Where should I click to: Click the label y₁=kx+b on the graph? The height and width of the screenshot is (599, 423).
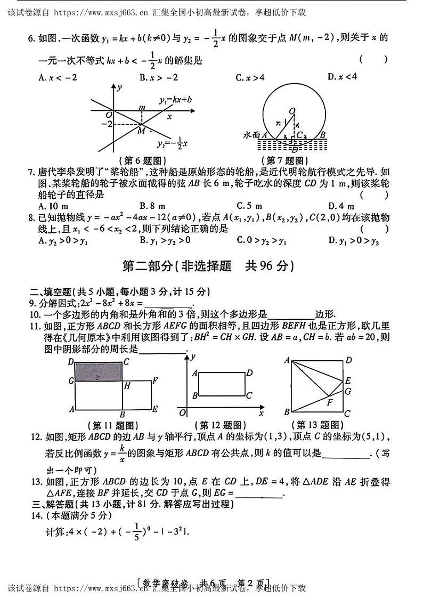coord(176,100)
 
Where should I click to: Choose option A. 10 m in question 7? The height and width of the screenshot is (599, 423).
coord(53,205)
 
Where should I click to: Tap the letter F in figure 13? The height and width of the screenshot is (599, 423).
coord(330,402)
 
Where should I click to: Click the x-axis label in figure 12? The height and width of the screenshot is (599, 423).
coord(261,413)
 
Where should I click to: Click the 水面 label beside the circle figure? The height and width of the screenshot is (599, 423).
coord(251,135)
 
